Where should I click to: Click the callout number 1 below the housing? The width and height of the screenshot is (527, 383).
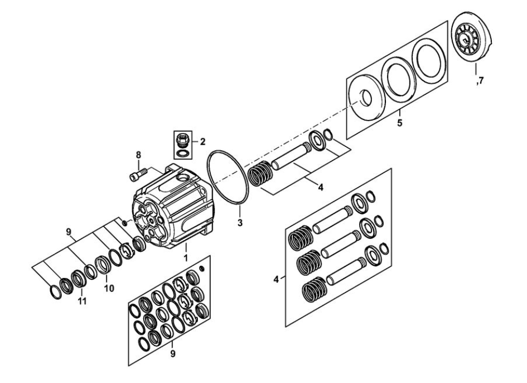pos(186,258)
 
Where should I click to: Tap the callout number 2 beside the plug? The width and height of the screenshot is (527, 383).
pos(202,142)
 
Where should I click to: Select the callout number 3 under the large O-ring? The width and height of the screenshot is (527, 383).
pos(240,223)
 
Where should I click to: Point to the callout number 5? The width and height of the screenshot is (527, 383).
pos(400,122)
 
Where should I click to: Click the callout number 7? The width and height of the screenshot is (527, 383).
pos(481,81)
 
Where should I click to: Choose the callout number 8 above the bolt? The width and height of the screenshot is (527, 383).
pos(138,155)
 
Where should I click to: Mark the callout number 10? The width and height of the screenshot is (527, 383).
pos(109,289)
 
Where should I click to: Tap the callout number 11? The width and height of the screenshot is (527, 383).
pos(83,301)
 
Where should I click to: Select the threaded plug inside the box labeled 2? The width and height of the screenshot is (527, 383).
pos(183,140)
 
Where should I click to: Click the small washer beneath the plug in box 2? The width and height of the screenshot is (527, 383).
pos(182,153)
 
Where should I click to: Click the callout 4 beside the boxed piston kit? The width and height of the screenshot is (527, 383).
pos(276,279)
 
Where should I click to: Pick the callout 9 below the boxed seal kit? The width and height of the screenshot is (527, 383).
pos(173,354)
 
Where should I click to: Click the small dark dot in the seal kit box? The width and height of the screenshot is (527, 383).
pos(202,268)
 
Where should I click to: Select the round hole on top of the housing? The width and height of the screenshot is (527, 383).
pos(184,178)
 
